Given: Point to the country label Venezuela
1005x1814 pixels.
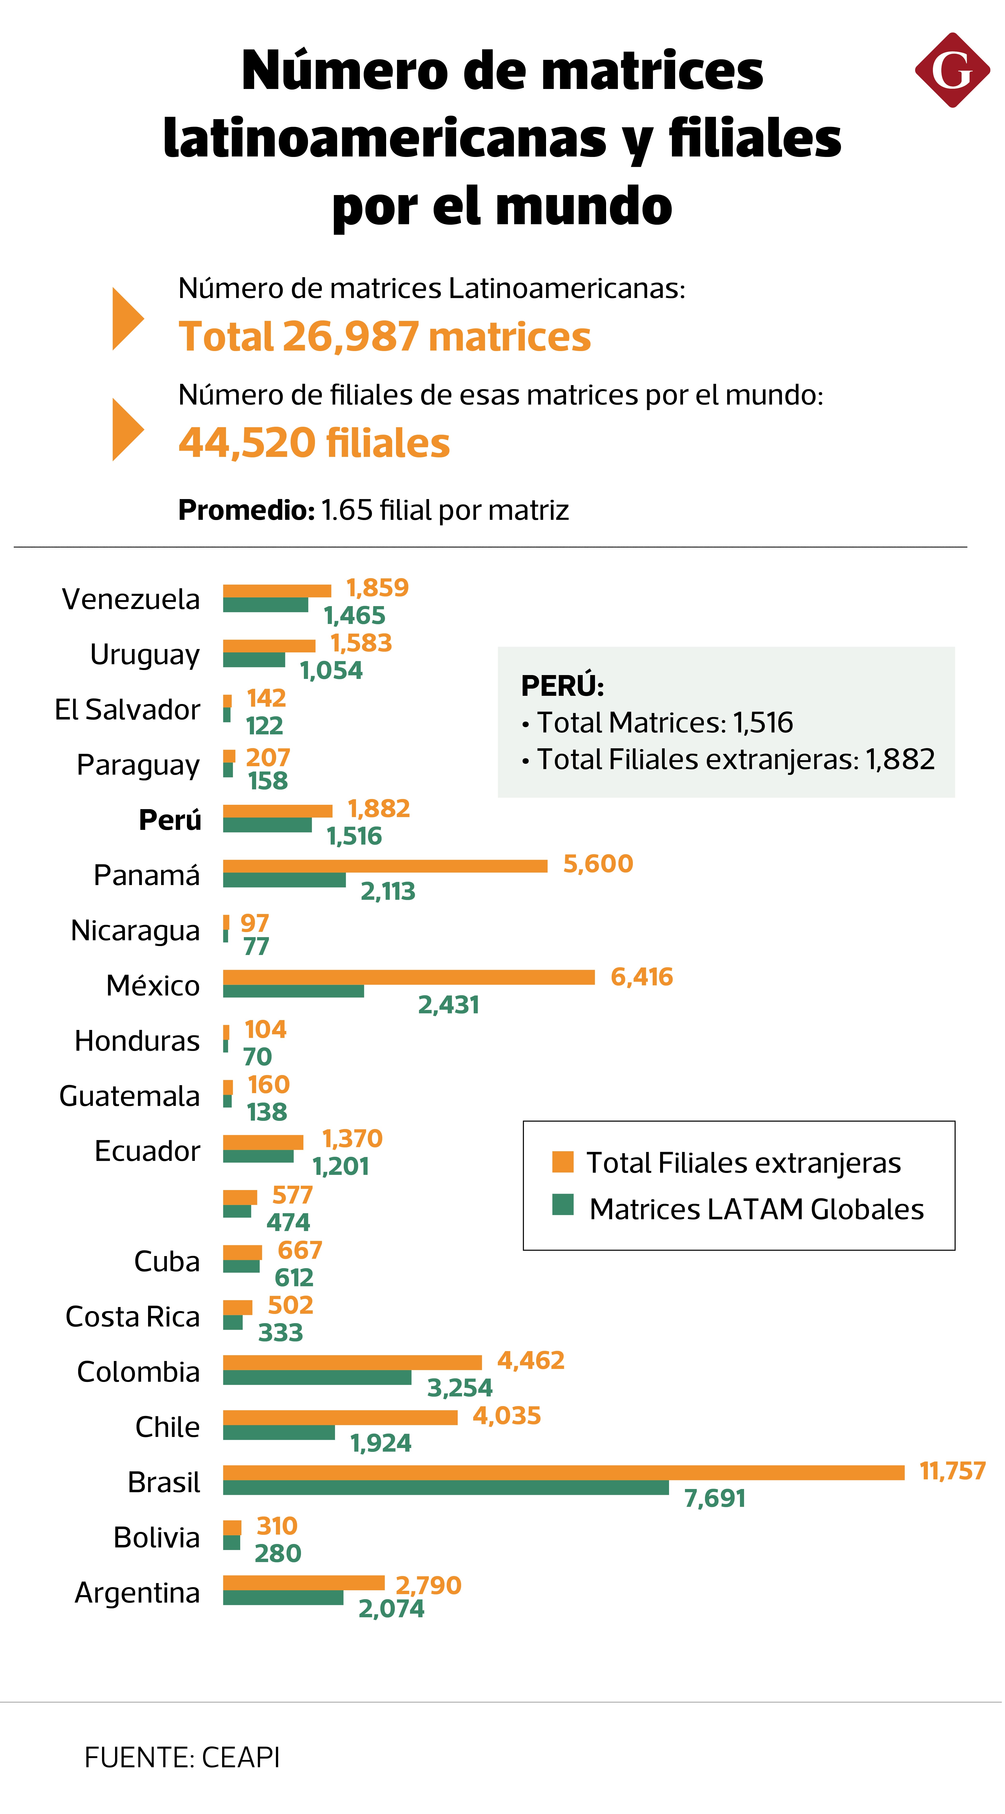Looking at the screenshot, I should click(131, 599).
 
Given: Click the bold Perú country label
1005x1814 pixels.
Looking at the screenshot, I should click(170, 820).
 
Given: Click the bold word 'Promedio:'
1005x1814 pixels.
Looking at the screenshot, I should click(246, 510).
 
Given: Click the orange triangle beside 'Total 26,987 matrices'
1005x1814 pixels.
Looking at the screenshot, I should click(127, 319).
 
